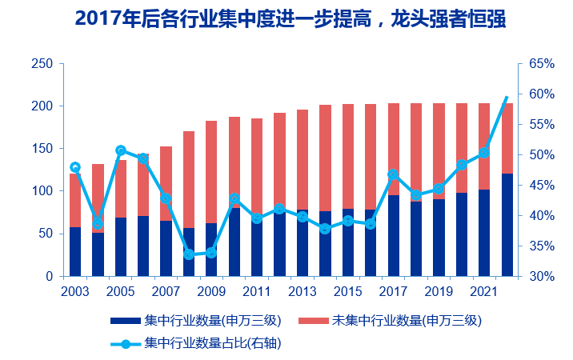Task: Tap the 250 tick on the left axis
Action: (x=42, y=64)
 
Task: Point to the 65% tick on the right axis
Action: (x=538, y=64)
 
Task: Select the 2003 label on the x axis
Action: (x=74, y=290)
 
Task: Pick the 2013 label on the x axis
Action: (x=303, y=290)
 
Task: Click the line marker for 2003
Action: (x=75, y=167)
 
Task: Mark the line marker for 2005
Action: (x=121, y=150)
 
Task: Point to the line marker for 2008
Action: (x=189, y=254)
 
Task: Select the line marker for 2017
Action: (x=394, y=174)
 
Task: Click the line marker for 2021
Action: (x=484, y=152)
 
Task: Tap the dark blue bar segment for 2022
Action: (x=507, y=225)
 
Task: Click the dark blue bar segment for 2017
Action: (x=394, y=236)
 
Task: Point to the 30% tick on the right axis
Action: (x=538, y=277)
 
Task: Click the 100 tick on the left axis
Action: (x=42, y=191)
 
